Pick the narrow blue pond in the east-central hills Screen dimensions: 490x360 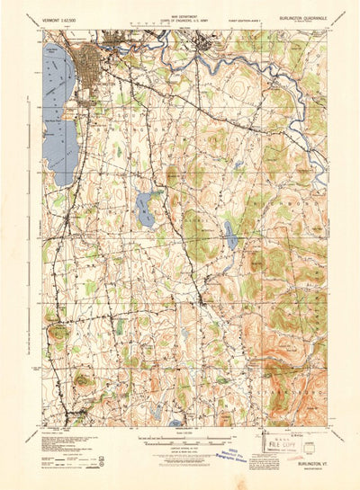pos(232,237)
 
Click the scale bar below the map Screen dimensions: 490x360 pos(179,441)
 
